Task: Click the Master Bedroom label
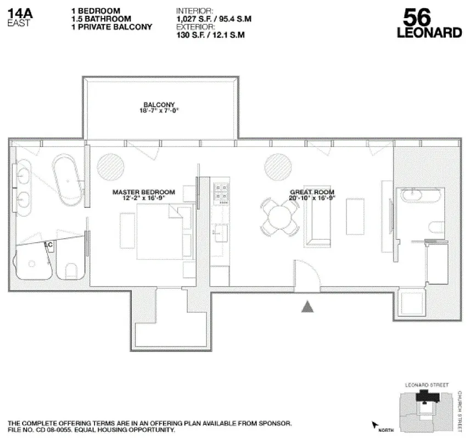(143, 193)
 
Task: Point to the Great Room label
(312, 193)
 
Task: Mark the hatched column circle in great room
(279, 166)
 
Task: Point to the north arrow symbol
(376, 425)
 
